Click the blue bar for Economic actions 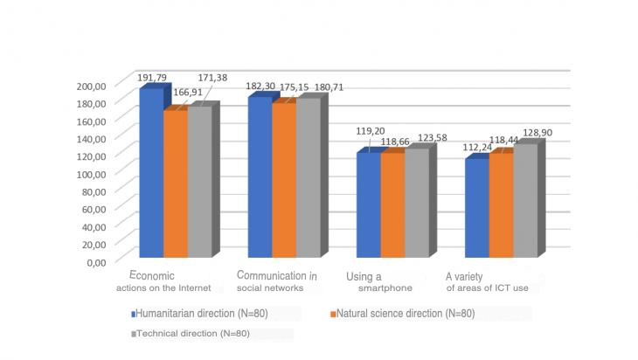click(151, 175)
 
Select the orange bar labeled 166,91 click(175, 185)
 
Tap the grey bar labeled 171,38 click(199, 183)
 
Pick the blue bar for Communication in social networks click(260, 178)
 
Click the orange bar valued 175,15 click(284, 181)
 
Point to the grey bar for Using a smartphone click(417, 204)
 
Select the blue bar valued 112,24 click(476, 209)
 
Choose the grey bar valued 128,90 click(524, 202)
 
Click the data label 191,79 click(154, 77)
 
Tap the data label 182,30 click(261, 87)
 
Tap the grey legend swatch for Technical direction click(134, 334)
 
